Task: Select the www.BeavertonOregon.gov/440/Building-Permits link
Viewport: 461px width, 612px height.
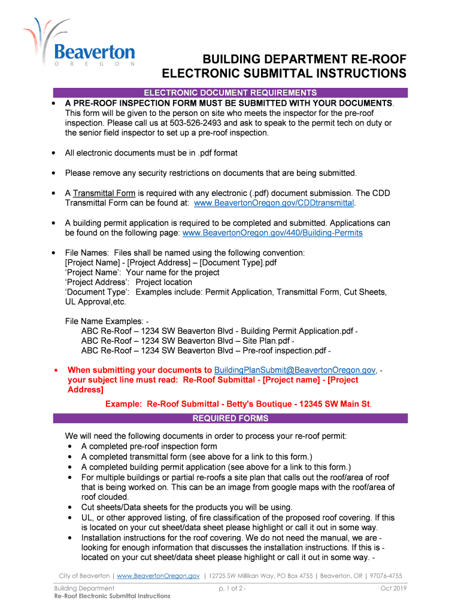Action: tap(272, 232)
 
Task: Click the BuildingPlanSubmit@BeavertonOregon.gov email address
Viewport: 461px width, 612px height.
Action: tap(295, 370)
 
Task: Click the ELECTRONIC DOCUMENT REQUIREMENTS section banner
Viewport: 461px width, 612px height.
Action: tap(230, 93)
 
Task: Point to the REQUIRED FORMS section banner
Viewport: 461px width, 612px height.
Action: tap(230, 418)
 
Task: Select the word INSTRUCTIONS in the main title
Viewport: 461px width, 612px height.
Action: tap(357, 74)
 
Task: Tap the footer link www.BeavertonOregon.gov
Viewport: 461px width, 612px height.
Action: tap(158, 576)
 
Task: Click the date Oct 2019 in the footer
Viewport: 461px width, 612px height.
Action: tap(393, 589)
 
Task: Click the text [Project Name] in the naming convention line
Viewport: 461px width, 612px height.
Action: tap(93, 262)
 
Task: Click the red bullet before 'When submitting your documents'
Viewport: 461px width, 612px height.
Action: tap(55, 370)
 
